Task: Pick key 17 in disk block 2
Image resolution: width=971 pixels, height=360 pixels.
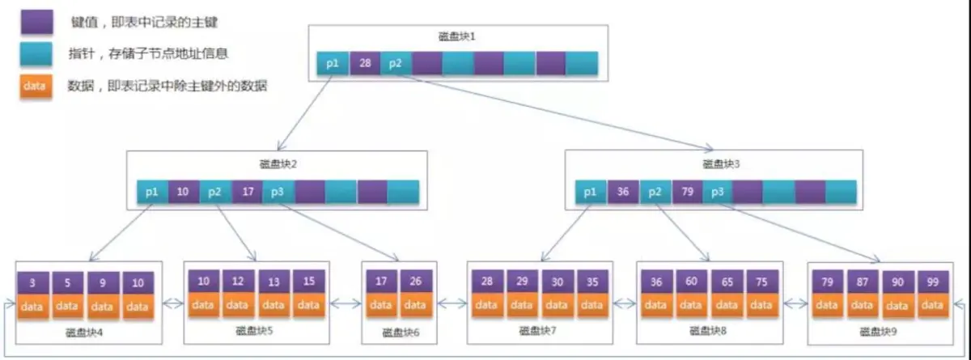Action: (x=247, y=192)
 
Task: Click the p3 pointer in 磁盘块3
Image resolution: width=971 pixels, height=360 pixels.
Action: (x=717, y=193)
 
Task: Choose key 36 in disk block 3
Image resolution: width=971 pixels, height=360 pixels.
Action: (x=623, y=193)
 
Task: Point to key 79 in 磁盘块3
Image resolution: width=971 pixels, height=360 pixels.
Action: (x=686, y=193)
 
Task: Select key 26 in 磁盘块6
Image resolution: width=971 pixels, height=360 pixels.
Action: (x=415, y=282)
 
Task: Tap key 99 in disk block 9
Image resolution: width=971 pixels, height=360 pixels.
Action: (x=932, y=283)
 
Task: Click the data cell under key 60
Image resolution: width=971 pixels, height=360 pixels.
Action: (x=691, y=305)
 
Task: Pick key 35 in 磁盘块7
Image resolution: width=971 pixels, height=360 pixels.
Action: (x=591, y=282)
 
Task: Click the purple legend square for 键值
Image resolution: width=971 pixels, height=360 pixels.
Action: (x=36, y=23)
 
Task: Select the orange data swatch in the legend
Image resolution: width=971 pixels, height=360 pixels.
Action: (x=36, y=85)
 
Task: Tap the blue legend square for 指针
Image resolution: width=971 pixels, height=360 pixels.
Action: (x=36, y=54)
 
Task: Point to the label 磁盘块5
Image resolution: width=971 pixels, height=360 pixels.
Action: (x=255, y=330)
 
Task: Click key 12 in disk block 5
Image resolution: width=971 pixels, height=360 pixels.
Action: (x=237, y=282)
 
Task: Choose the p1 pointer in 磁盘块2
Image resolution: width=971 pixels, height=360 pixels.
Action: (x=151, y=192)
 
